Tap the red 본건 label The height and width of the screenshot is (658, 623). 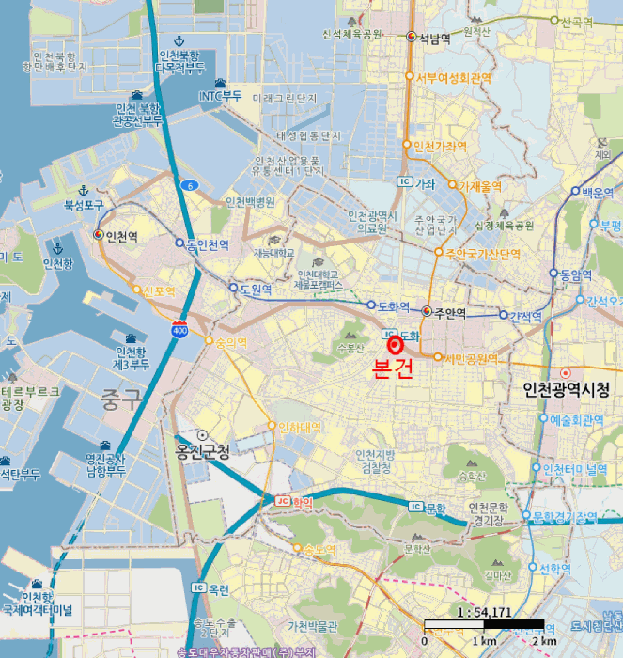(x=393, y=369)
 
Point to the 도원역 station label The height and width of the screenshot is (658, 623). (x=256, y=290)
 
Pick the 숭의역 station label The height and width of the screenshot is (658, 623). (x=230, y=342)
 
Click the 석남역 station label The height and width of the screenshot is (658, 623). (x=434, y=38)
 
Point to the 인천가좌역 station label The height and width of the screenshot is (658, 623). (x=440, y=147)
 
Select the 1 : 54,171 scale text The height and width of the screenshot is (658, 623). (x=484, y=612)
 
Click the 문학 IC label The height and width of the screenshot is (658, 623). (x=435, y=508)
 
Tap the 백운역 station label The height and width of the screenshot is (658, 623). (x=597, y=191)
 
